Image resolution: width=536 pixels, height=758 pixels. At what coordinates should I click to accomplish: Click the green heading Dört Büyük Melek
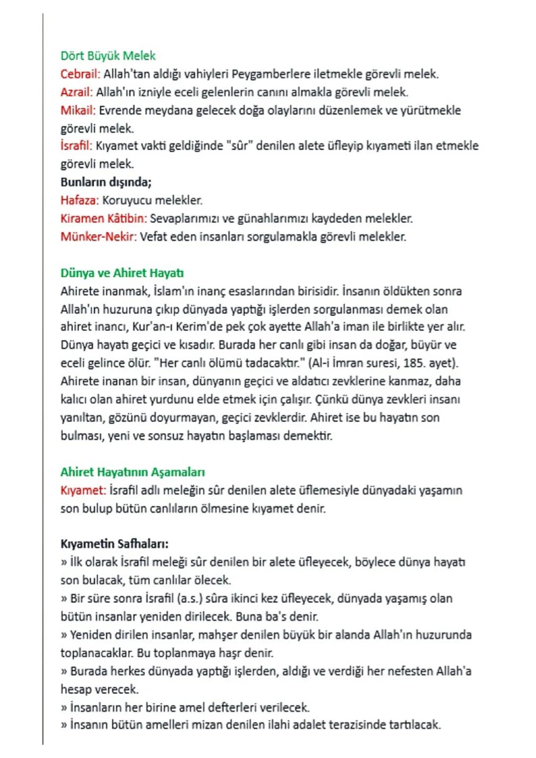pyautogui.click(x=108, y=56)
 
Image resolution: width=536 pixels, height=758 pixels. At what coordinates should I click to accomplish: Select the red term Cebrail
pyautogui.click(x=80, y=74)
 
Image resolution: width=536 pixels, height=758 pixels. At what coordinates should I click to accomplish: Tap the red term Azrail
pyautogui.click(x=76, y=92)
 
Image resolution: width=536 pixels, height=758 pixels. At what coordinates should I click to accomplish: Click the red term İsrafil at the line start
pyautogui.click(x=76, y=146)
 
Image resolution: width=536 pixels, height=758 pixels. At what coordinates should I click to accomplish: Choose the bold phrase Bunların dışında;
pyautogui.click(x=106, y=182)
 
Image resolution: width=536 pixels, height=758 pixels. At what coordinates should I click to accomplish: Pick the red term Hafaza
pyautogui.click(x=79, y=200)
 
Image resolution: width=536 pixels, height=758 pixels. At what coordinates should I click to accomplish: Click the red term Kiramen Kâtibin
pyautogui.click(x=103, y=218)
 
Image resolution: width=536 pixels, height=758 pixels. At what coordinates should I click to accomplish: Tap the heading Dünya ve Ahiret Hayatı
pyautogui.click(x=122, y=273)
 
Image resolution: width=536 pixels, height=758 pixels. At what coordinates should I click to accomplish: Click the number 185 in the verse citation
pyautogui.click(x=413, y=363)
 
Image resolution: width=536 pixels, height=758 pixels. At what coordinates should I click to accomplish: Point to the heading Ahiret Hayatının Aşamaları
pyautogui.click(x=133, y=472)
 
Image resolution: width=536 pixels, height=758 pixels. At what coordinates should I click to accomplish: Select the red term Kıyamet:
pyautogui.click(x=83, y=490)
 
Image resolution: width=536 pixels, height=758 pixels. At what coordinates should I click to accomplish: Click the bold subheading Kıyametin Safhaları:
pyautogui.click(x=114, y=544)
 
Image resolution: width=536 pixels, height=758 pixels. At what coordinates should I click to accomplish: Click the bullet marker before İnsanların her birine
pyautogui.click(x=64, y=707)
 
